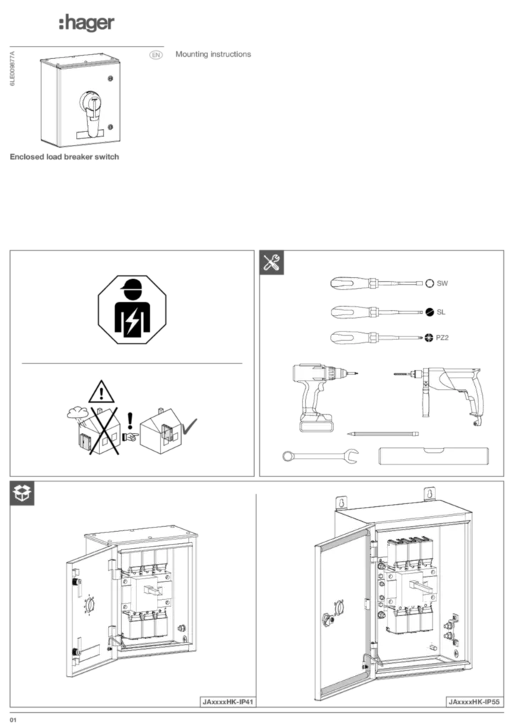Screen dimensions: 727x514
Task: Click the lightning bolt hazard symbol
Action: pos(132,321)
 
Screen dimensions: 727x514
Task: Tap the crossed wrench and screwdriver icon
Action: pos(272,263)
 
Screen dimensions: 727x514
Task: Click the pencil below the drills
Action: pos(383,432)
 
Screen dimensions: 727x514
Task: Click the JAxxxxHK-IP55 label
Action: pos(474,701)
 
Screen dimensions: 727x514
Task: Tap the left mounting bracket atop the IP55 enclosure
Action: pos(340,501)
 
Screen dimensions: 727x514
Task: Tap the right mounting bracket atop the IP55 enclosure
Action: pos(430,492)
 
